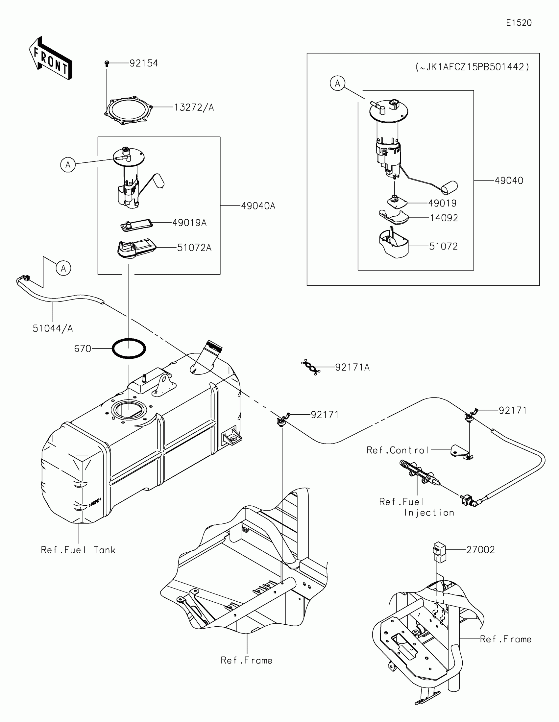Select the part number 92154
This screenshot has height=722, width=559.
(143, 63)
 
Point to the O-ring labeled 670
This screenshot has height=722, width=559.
(129, 349)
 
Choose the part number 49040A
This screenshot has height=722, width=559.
(258, 206)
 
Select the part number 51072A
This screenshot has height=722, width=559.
(194, 248)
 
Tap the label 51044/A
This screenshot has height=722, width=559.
(53, 328)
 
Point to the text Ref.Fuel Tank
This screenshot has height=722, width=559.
(78, 550)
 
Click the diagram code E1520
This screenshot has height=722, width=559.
(519, 23)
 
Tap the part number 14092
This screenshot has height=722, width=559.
(444, 218)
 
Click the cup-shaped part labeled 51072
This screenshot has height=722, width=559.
(393, 244)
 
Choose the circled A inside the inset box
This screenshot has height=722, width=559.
(337, 83)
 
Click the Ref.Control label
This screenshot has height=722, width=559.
(398, 450)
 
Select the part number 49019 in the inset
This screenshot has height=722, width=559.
(442, 203)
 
